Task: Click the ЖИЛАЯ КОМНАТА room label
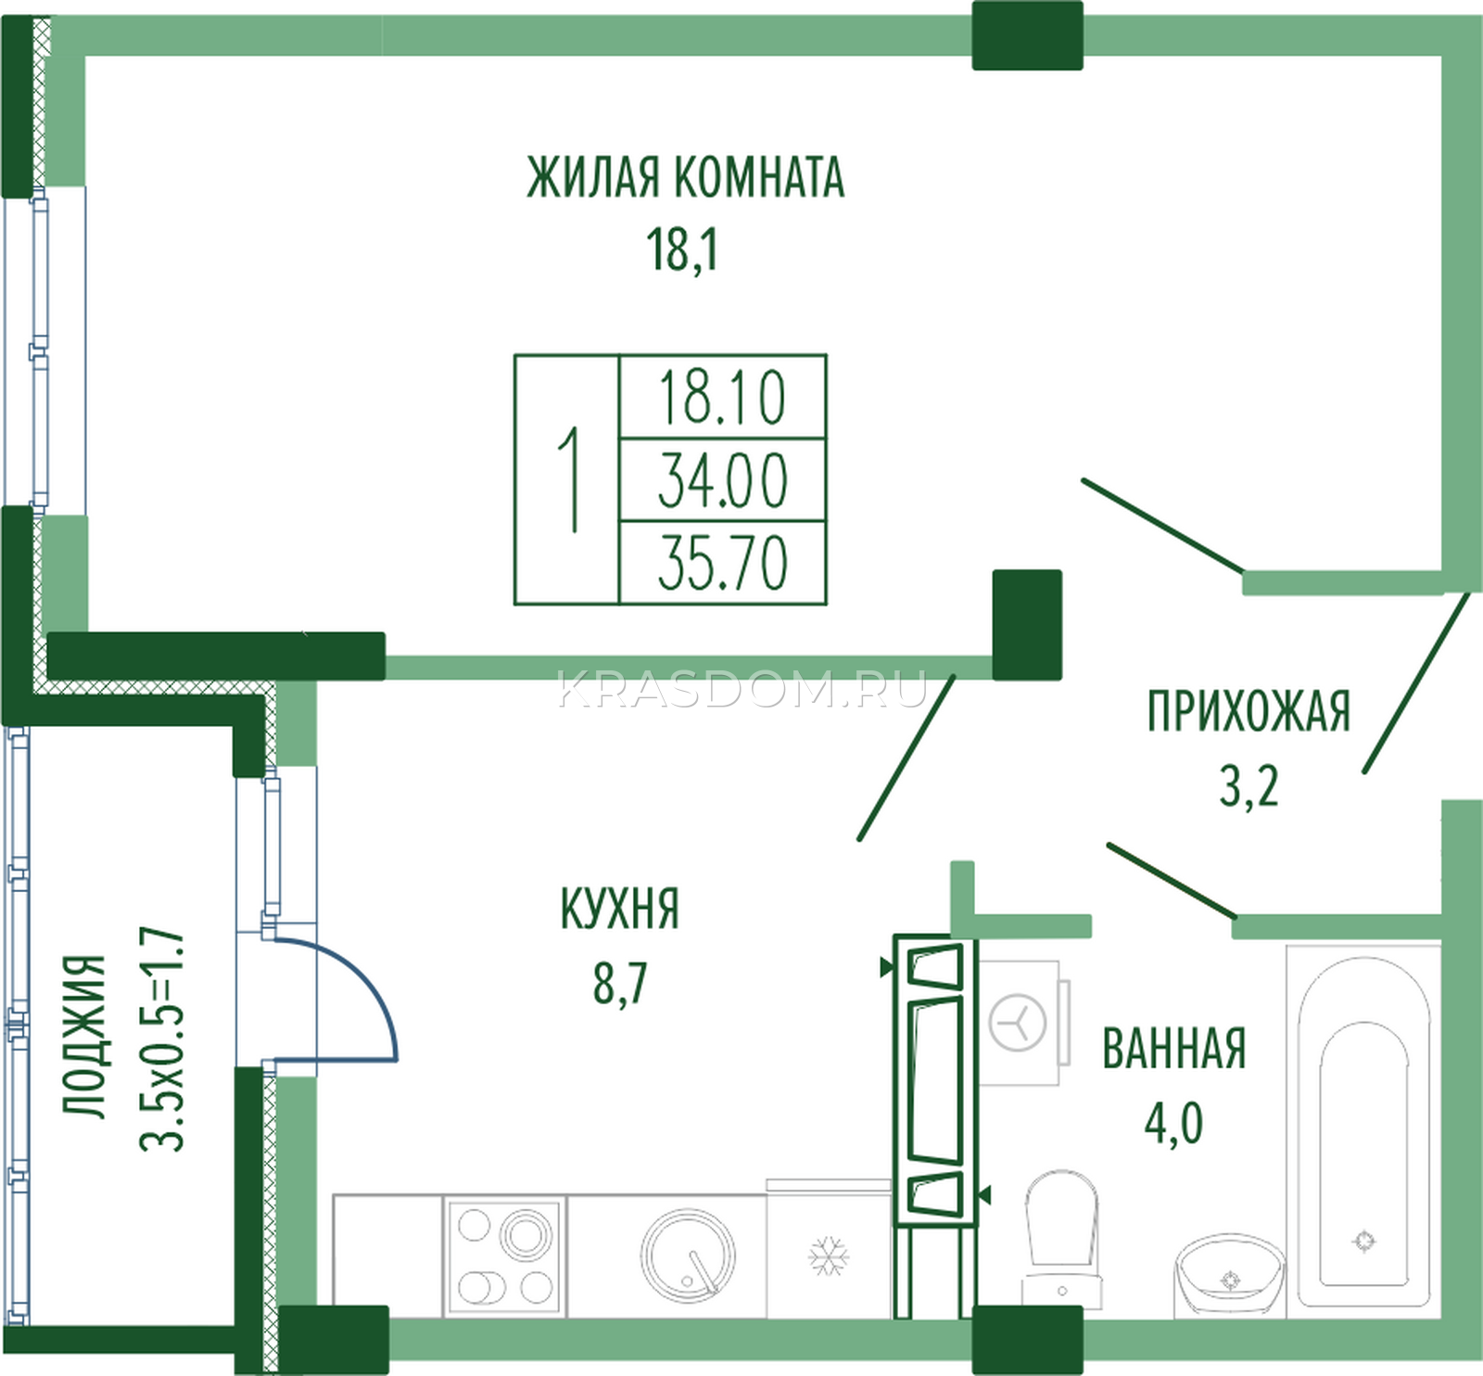pyautogui.click(x=686, y=177)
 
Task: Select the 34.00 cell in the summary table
pyautogui.click(x=722, y=480)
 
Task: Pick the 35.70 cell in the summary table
pyautogui.click(x=722, y=562)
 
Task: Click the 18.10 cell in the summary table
pyautogui.click(x=722, y=398)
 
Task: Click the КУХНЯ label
pyautogui.click(x=619, y=909)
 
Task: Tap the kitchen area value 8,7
pyautogui.click(x=619, y=983)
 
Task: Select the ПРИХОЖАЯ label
pyautogui.click(x=1249, y=711)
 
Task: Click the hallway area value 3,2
pyautogui.click(x=1249, y=785)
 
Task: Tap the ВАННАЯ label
pyautogui.click(x=1173, y=1049)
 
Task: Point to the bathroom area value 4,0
pyautogui.click(x=1173, y=1123)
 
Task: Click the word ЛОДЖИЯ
pyautogui.click(x=84, y=1036)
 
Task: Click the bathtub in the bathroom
pyautogui.click(x=1363, y=1128)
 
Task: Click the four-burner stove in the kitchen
pyautogui.click(x=505, y=1256)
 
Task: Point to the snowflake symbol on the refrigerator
pyautogui.click(x=829, y=1255)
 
